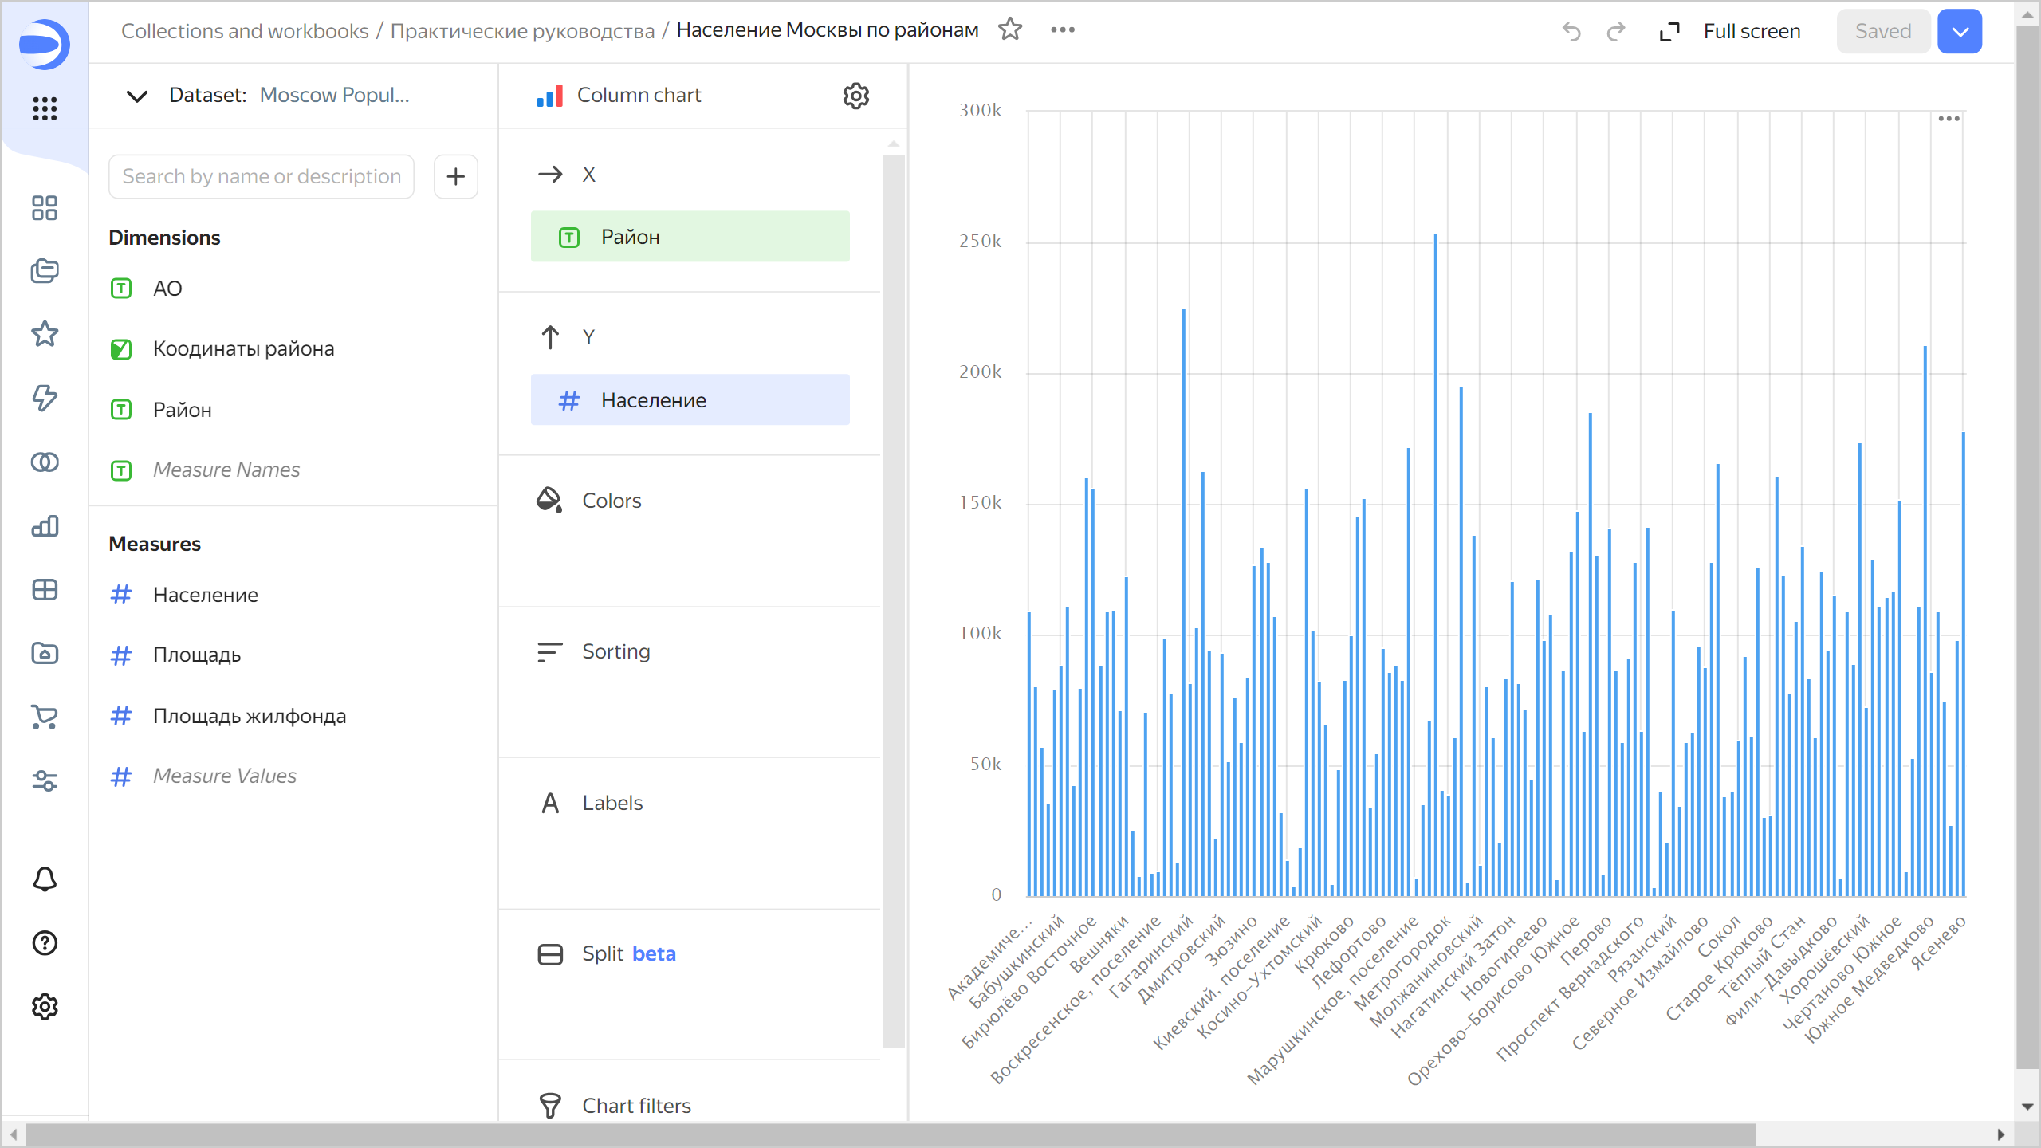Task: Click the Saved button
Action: [1882, 31]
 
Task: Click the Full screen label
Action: [1752, 31]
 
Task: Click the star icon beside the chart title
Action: [1010, 29]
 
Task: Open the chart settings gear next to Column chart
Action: [855, 96]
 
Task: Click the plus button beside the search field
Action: [455, 176]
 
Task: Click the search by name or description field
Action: [262, 176]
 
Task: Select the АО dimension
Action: [167, 289]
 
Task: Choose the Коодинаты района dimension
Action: [243, 349]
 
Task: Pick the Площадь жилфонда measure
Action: [249, 716]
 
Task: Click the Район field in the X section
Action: [690, 237]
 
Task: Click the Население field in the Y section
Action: [690, 400]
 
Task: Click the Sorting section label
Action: [615, 651]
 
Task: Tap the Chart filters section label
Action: [636, 1105]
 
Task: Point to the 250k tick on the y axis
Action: [980, 242]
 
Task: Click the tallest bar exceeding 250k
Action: [1436, 558]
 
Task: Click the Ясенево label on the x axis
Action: [1939, 942]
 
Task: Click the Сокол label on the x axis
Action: [1719, 938]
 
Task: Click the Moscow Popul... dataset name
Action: [334, 96]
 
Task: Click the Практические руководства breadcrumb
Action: [522, 31]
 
